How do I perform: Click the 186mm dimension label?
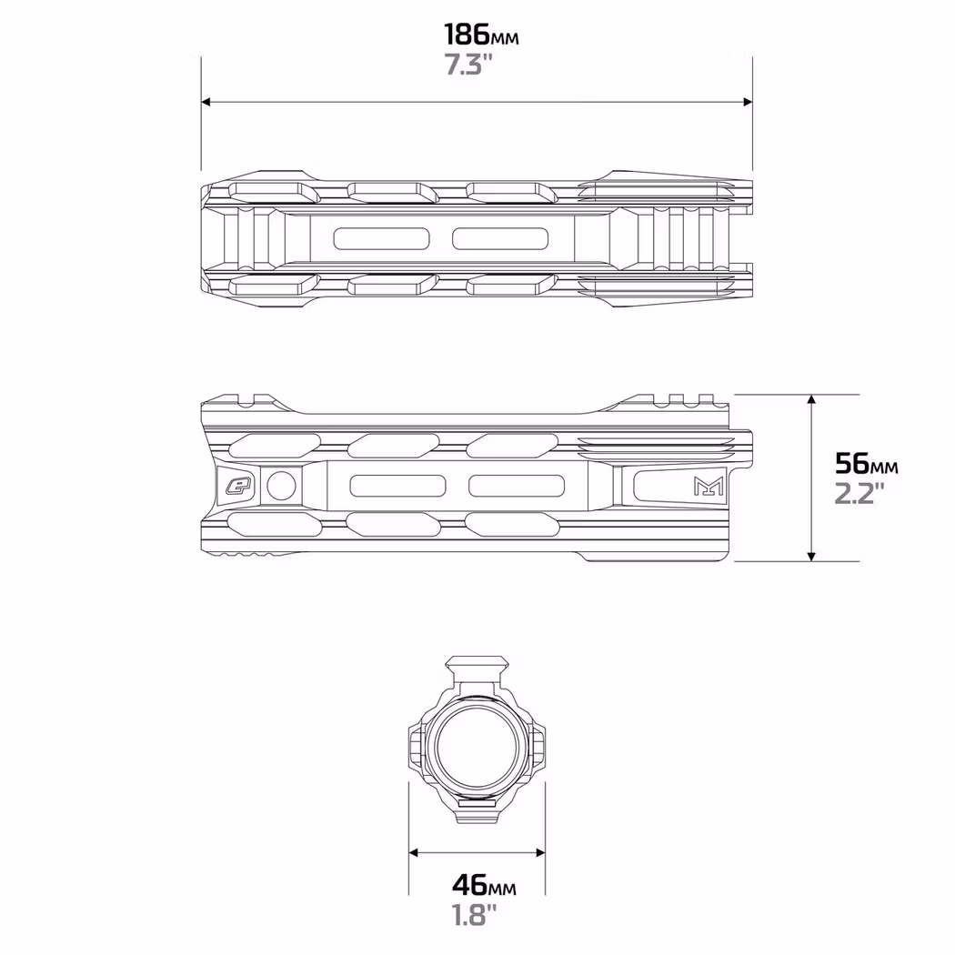point(481,35)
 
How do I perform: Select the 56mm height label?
point(866,464)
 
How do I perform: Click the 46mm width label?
point(483,884)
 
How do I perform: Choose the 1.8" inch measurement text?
point(475,914)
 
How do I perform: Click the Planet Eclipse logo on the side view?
point(239,485)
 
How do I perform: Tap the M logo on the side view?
point(707,486)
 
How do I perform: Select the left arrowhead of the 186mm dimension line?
point(207,102)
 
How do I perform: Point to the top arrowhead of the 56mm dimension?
point(811,401)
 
